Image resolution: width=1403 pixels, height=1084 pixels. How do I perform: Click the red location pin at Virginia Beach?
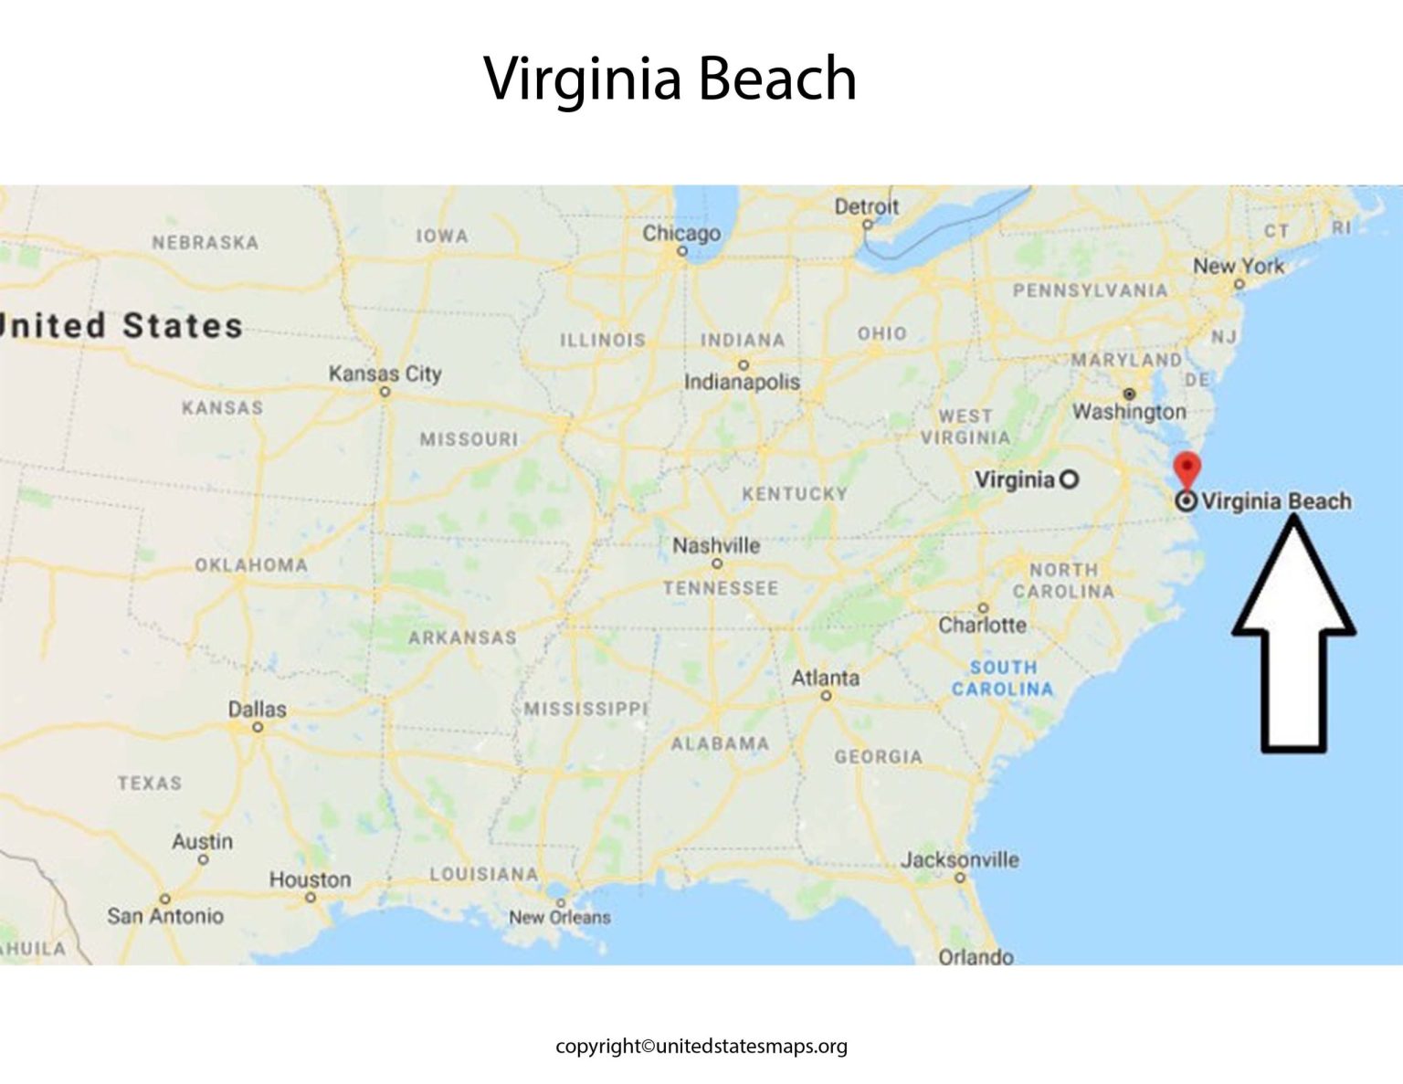[x=1187, y=468]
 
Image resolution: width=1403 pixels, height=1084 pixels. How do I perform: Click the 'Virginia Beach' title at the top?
[x=670, y=79]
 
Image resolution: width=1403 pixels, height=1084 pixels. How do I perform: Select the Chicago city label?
[x=681, y=233]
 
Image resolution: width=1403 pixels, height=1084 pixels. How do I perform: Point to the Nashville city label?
[x=716, y=545]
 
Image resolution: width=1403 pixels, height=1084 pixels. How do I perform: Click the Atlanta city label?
[x=825, y=678]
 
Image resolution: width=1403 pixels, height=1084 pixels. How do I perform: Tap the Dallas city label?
[x=257, y=709]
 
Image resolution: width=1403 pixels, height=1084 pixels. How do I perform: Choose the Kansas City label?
[x=385, y=374]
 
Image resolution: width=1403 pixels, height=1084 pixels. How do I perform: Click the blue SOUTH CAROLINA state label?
[x=1003, y=679]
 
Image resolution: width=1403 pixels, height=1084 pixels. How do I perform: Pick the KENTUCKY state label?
[x=795, y=494]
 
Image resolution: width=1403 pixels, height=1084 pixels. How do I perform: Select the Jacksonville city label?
[x=959, y=859]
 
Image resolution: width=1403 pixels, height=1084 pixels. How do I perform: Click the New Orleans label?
[x=559, y=917]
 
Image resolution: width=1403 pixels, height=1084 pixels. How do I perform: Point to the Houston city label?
[x=310, y=879]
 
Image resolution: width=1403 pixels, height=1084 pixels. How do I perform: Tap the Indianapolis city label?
[x=742, y=382]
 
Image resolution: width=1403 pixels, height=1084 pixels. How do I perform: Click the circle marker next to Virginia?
[x=1068, y=479]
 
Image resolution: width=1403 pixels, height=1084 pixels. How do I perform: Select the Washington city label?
[x=1129, y=412]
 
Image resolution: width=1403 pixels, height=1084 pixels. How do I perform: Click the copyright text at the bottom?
[x=701, y=1047]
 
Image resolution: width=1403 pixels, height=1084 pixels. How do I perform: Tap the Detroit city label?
[x=866, y=207]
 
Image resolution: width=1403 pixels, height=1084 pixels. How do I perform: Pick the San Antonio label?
[x=165, y=916]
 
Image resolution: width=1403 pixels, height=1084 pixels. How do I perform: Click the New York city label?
[x=1238, y=266]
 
